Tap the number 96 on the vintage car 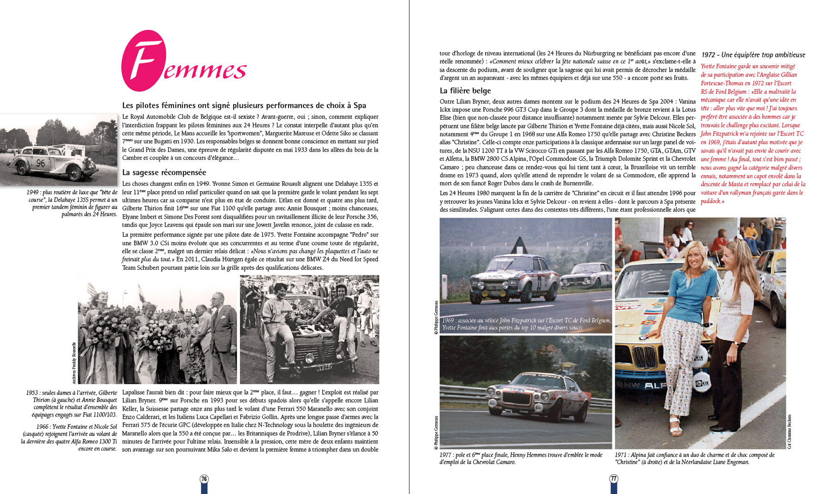[41, 163]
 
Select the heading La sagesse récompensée [164, 172]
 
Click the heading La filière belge [465, 91]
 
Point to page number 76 [204, 479]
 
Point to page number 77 [614, 479]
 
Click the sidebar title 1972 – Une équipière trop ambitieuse [753, 55]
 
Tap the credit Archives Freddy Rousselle [74, 363]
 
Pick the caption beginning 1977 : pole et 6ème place [520, 458]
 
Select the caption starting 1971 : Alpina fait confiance [694, 458]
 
